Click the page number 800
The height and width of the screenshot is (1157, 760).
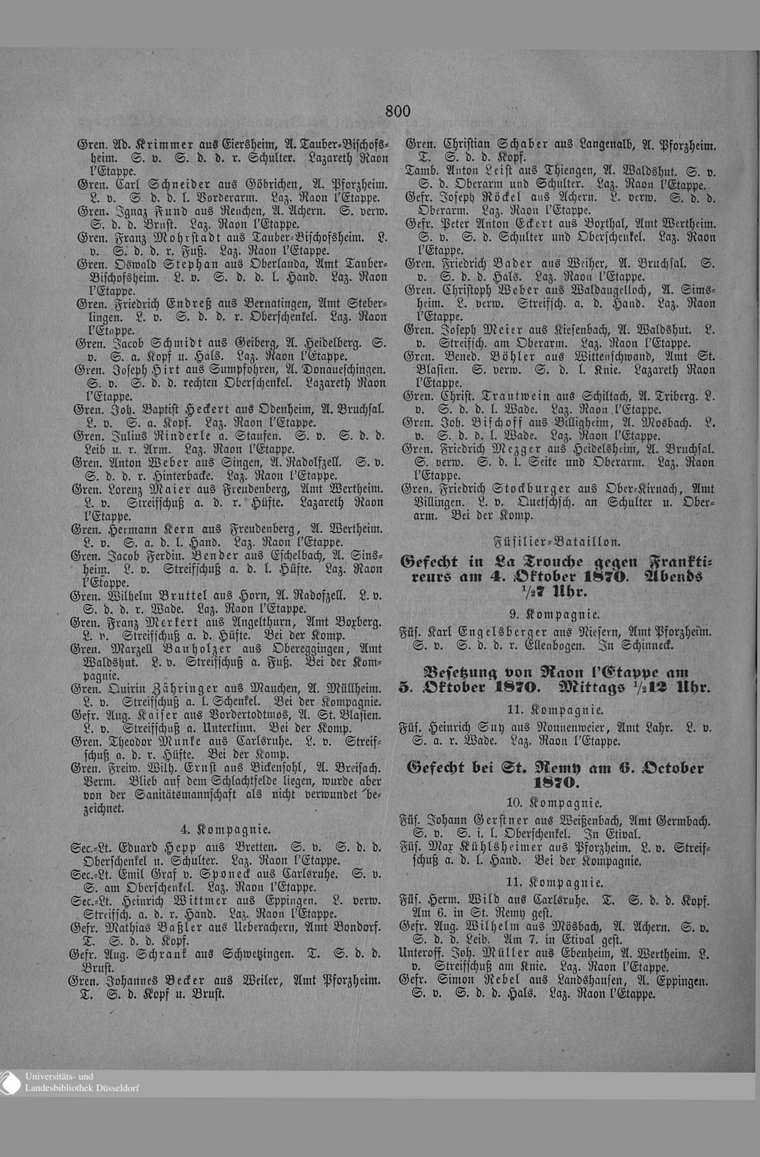[397, 111]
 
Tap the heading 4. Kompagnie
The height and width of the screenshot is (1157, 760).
[225, 829]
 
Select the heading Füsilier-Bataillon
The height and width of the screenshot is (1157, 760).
[557, 542]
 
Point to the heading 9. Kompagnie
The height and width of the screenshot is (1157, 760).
[555, 614]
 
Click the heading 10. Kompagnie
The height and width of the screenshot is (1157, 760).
[554, 802]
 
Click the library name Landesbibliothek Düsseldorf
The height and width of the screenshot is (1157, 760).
[82, 1088]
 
